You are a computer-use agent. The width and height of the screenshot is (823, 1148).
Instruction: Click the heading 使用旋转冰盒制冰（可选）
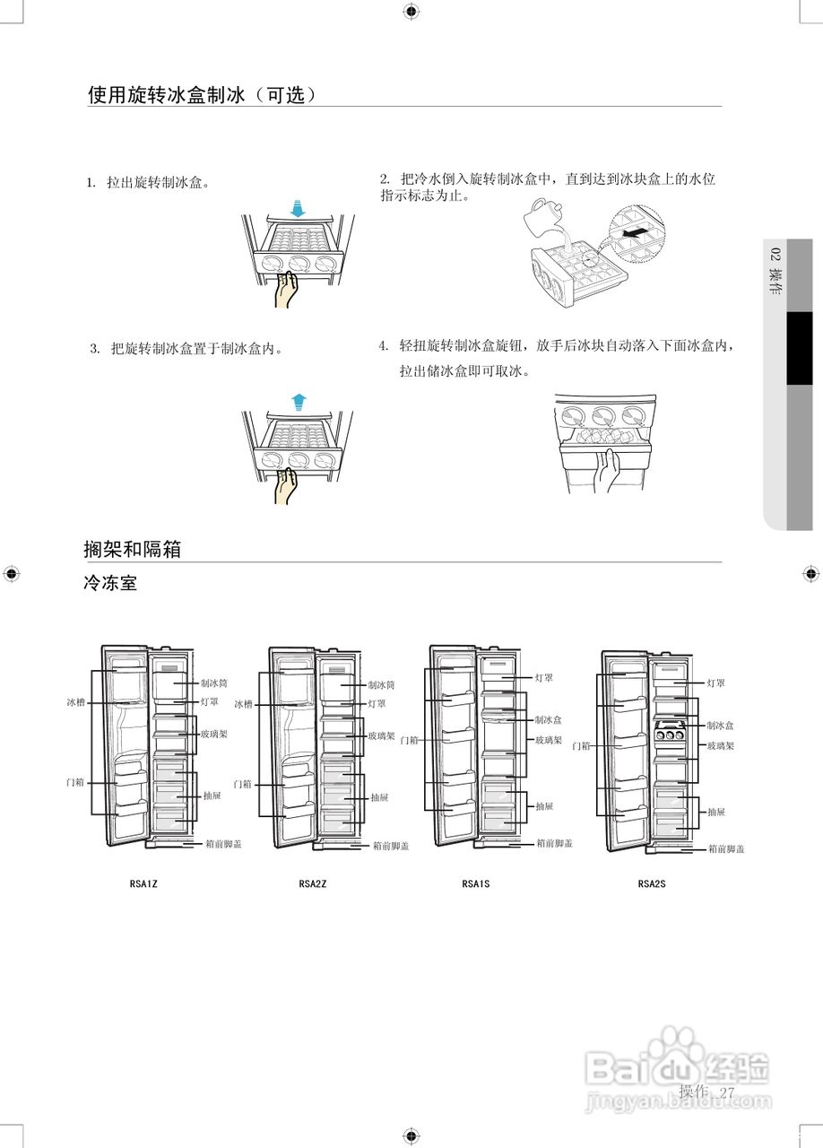click(202, 94)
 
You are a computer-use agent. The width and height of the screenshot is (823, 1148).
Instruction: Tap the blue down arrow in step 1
click(299, 208)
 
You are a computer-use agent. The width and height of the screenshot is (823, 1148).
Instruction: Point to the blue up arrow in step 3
click(299, 401)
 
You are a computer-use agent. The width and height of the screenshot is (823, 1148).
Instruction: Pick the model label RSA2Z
click(313, 883)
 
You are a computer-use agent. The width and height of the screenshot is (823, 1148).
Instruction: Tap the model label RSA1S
click(476, 883)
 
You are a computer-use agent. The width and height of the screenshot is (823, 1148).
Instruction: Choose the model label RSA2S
click(652, 883)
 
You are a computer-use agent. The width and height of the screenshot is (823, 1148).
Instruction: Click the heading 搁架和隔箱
click(132, 549)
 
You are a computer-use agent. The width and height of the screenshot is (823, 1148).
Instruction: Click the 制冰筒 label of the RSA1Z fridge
click(214, 683)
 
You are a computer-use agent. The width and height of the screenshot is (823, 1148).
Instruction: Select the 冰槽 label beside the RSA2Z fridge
click(244, 705)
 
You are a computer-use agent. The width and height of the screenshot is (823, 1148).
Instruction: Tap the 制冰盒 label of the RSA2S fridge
click(720, 725)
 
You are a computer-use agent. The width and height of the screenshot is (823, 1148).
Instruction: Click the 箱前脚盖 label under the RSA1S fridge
click(555, 843)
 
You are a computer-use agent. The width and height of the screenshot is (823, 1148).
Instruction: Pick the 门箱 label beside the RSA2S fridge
click(581, 746)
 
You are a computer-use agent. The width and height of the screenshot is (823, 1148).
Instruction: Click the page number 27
click(726, 1092)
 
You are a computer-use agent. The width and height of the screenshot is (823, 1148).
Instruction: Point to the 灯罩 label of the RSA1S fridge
click(544, 677)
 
